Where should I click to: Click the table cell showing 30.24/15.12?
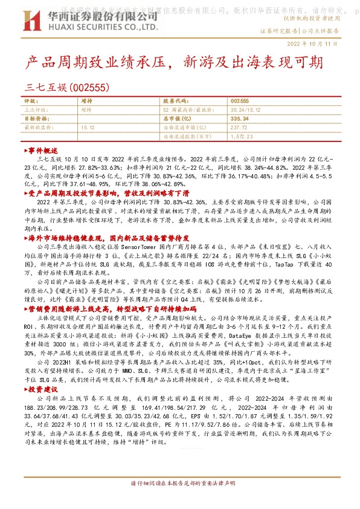244,110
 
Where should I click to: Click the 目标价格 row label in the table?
35,119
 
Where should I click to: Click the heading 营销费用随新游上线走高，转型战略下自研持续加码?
112,308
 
